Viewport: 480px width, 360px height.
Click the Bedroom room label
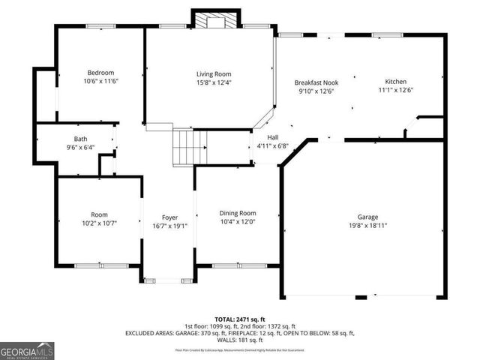point(100,73)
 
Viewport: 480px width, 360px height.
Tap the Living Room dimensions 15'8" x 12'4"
point(214,82)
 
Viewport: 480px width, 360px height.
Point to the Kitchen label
point(396,82)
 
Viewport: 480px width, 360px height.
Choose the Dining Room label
point(238,213)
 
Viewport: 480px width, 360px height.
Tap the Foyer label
point(169,217)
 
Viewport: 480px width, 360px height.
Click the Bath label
point(80,139)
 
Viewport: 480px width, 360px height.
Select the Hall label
point(272,138)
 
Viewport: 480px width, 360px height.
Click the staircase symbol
point(190,147)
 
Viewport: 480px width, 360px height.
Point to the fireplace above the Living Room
point(217,21)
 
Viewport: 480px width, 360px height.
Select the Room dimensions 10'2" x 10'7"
point(100,222)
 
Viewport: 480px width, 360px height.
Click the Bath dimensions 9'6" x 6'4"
point(80,147)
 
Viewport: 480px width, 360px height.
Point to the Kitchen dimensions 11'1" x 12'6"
point(396,90)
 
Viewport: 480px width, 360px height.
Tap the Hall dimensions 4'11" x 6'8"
point(272,146)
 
